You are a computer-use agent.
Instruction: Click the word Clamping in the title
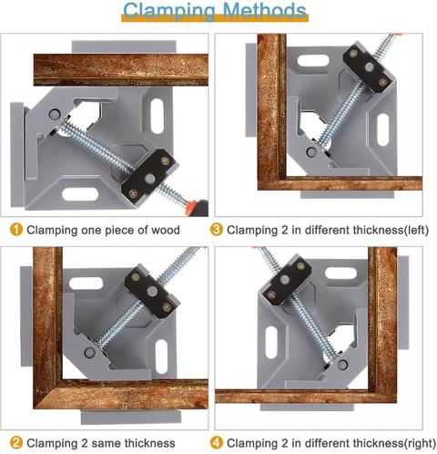point(170,12)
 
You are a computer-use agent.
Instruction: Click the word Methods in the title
point(264,10)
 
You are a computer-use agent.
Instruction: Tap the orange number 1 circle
point(16,230)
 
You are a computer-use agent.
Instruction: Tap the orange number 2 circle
point(16,443)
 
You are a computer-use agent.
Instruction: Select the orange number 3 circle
point(217,230)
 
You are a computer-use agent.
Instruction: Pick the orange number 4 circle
point(217,443)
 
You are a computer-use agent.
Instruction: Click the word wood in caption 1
point(166,230)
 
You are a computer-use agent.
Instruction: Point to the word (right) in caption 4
point(420,443)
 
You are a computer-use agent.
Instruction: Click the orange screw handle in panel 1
point(198,207)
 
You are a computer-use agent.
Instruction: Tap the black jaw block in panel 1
point(149,177)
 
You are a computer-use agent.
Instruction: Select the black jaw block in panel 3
point(369,68)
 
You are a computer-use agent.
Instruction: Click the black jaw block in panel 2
point(152,293)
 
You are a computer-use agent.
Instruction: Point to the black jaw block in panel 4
point(287,281)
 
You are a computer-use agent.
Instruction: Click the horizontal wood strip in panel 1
point(121,69)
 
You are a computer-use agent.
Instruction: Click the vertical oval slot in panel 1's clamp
point(158,116)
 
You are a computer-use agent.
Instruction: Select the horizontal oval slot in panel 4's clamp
point(340,273)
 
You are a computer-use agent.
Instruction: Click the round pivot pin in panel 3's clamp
point(310,152)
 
